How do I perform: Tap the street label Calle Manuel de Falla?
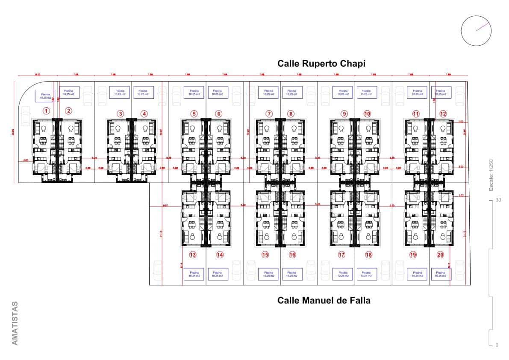click(x=324, y=300)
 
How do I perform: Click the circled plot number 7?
click(x=269, y=114)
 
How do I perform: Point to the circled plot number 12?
click(x=443, y=114)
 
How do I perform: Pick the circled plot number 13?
click(x=193, y=255)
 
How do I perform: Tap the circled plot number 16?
click(x=292, y=255)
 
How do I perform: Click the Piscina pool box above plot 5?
click(x=194, y=92)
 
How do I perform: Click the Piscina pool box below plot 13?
click(x=194, y=274)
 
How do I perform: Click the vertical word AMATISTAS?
click(x=15, y=323)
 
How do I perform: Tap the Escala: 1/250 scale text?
click(x=491, y=175)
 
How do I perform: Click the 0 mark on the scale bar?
click(x=497, y=345)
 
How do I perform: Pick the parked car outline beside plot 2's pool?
click(x=88, y=96)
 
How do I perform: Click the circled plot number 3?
click(x=121, y=114)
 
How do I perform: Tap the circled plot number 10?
click(x=367, y=114)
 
